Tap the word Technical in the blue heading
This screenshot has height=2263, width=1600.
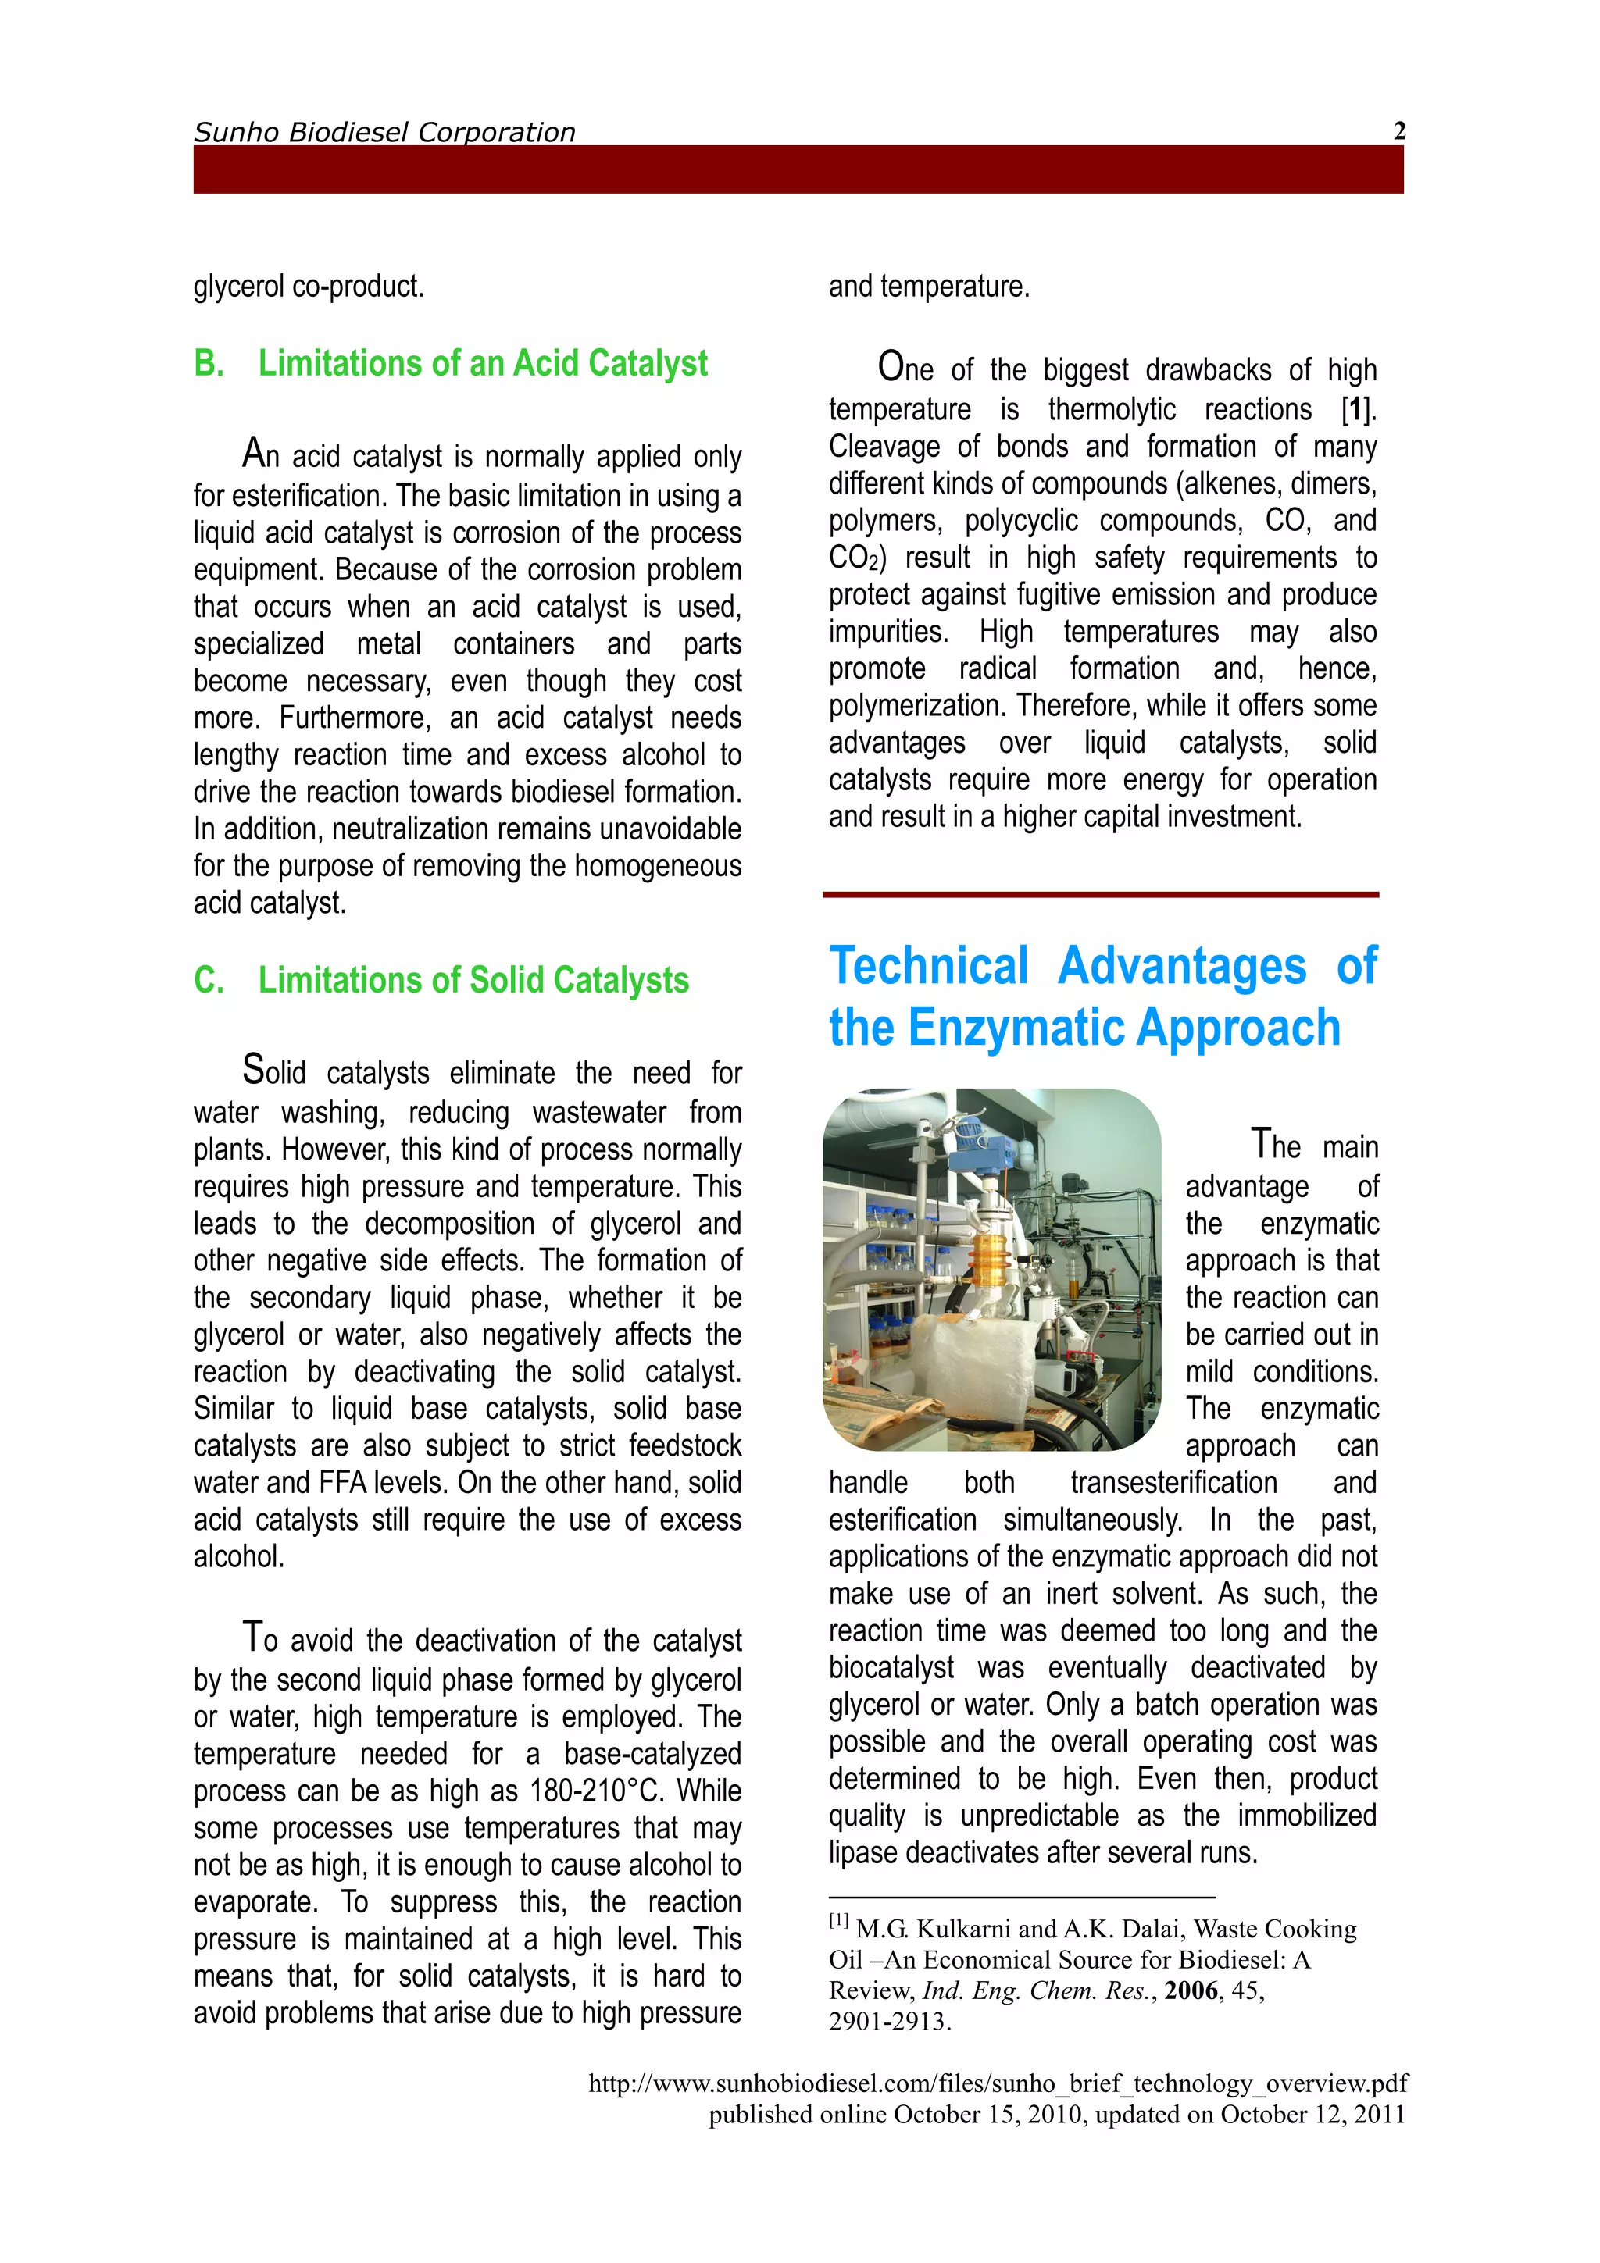(929, 966)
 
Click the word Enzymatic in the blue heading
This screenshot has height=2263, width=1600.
(1019, 1028)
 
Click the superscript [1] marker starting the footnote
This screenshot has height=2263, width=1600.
(838, 1921)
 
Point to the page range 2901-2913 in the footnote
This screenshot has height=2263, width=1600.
(888, 2022)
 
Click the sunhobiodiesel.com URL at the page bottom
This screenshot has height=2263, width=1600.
(998, 2083)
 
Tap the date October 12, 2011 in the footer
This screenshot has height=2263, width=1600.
(1312, 2114)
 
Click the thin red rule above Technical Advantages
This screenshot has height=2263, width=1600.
(1100, 895)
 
